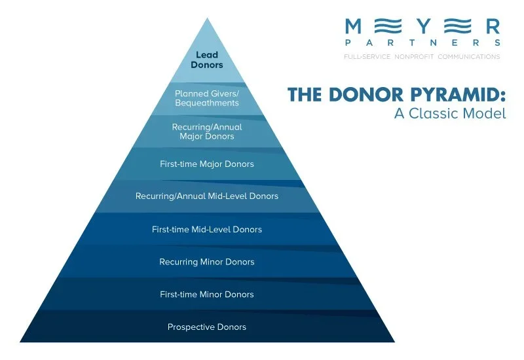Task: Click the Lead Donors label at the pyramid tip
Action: pyautogui.click(x=207, y=60)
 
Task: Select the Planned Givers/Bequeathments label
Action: pyautogui.click(x=207, y=98)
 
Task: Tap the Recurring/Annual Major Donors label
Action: pyautogui.click(x=207, y=132)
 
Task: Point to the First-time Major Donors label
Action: pyautogui.click(x=207, y=164)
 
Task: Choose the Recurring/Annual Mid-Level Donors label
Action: pyautogui.click(x=207, y=196)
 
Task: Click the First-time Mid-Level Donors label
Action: pyautogui.click(x=207, y=230)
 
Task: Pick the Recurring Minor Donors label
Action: pyautogui.click(x=207, y=262)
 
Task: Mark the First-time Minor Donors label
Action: pyautogui.click(x=207, y=295)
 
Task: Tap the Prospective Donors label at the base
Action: pyautogui.click(x=207, y=327)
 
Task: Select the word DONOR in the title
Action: pyautogui.click(x=367, y=96)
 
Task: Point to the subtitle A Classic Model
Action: pyautogui.click(x=450, y=113)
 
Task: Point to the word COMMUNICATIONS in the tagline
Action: pyautogui.click(x=468, y=57)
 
